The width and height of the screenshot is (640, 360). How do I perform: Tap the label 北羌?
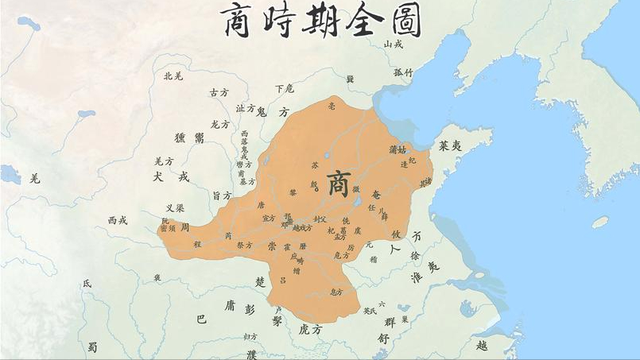click(172, 76)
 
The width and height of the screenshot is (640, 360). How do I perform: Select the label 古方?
click(219, 93)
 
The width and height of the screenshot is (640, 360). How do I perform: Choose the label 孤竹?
click(403, 72)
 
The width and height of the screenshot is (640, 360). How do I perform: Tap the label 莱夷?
click(449, 146)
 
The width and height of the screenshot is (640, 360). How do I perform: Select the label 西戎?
click(119, 220)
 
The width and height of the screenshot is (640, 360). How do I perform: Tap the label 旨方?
click(223, 195)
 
